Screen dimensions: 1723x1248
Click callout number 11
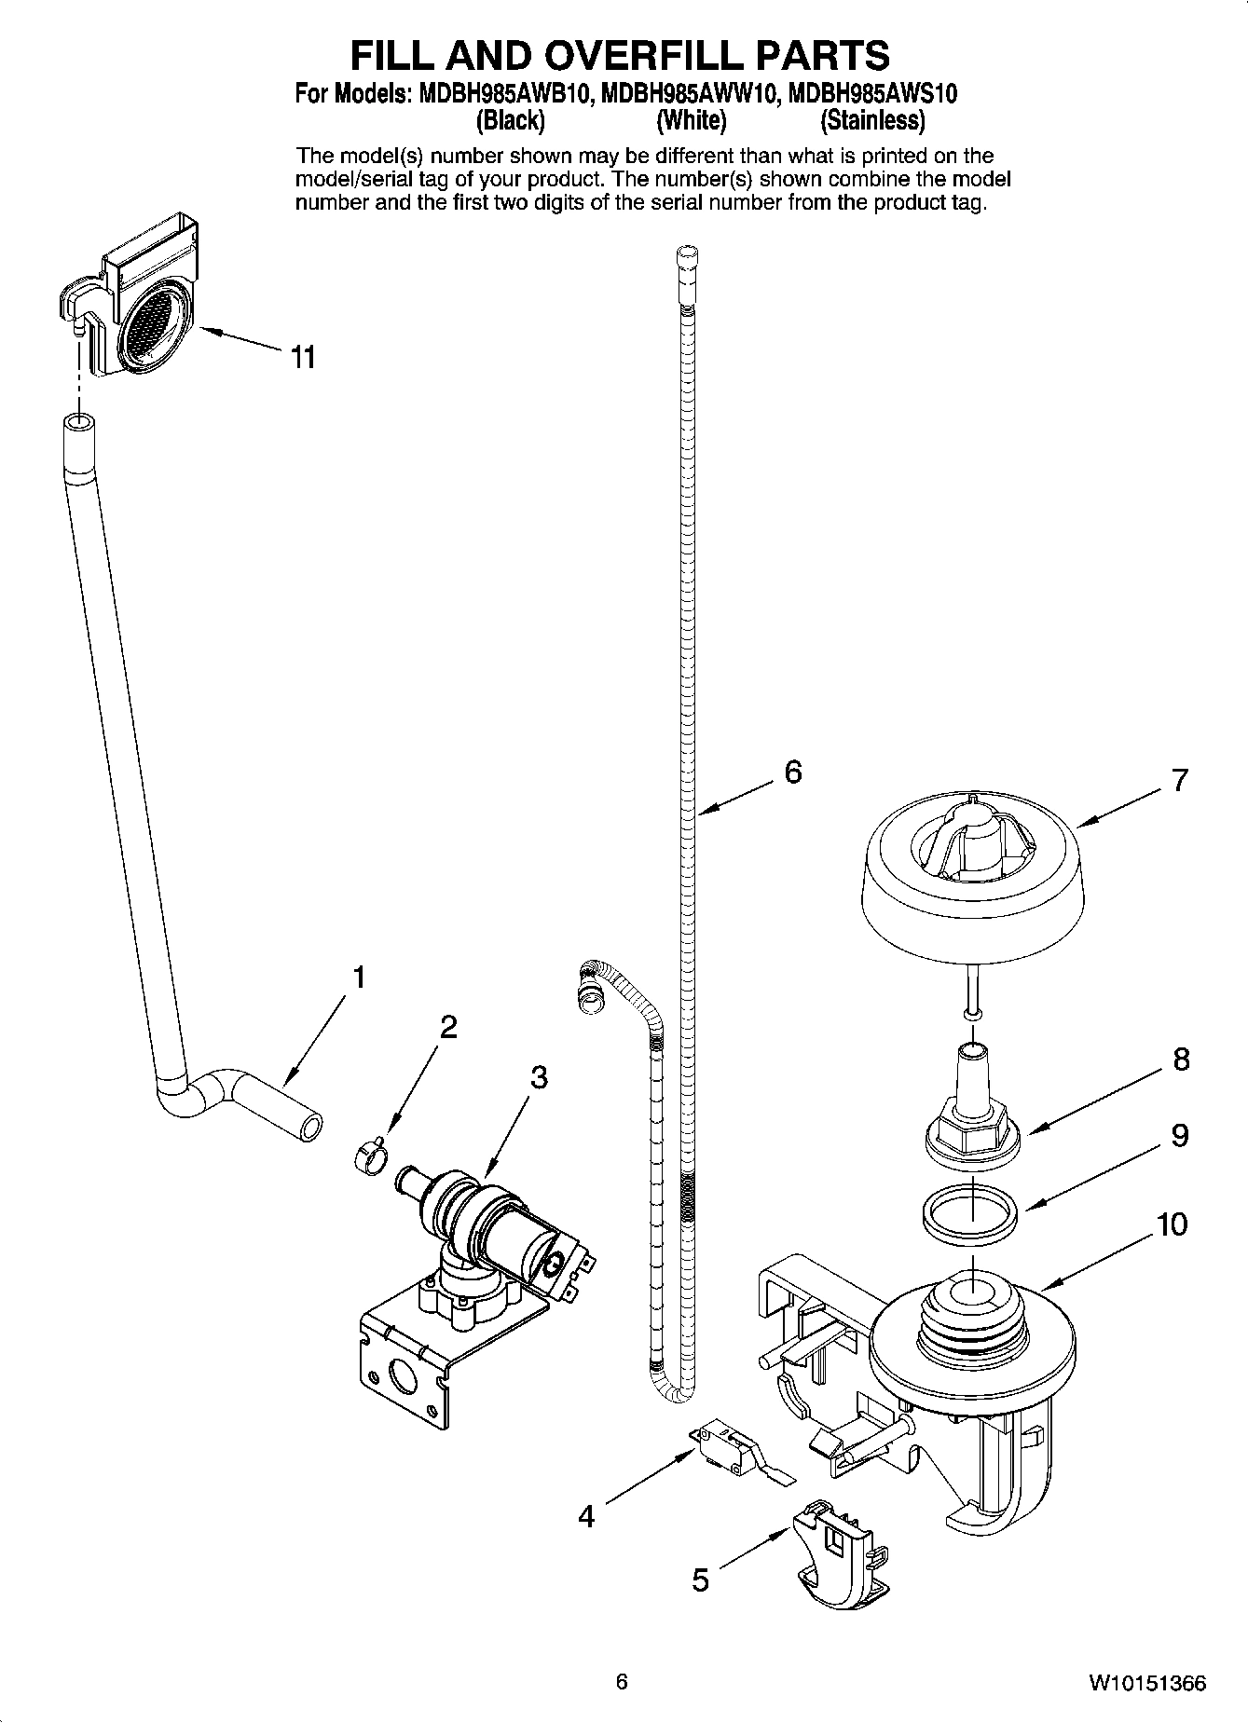point(303,357)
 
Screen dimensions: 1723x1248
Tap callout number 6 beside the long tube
point(792,772)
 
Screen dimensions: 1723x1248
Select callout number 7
point(1180,779)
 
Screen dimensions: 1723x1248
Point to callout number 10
point(1173,1224)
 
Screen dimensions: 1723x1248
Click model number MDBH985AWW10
point(685,94)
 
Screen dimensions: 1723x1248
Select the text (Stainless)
point(872,120)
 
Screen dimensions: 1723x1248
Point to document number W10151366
point(1147,1683)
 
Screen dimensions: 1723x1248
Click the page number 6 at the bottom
point(622,1681)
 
